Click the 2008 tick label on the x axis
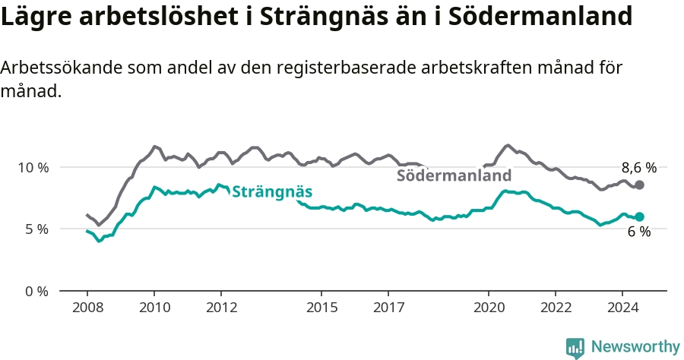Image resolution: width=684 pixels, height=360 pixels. click(x=87, y=308)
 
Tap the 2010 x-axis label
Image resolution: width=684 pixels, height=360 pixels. click(x=154, y=308)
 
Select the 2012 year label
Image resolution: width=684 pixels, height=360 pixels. click(x=222, y=308)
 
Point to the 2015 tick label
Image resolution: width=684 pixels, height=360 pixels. click(x=322, y=308)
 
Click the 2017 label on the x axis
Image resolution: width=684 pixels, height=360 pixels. click(x=388, y=308)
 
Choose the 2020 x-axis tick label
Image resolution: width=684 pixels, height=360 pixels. click(x=489, y=308)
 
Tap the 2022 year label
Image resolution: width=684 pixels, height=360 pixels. click(x=556, y=308)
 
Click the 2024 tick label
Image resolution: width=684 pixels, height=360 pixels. click(x=623, y=308)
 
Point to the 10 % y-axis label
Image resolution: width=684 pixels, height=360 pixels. click(x=33, y=167)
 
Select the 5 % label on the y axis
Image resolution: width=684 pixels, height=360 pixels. click(x=36, y=229)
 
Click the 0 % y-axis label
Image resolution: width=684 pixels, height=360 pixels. click(x=36, y=291)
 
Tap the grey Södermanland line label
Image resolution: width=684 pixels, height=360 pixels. click(x=454, y=175)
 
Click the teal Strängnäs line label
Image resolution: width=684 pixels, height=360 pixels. click(x=272, y=191)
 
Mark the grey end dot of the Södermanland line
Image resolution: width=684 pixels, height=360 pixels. click(x=639, y=185)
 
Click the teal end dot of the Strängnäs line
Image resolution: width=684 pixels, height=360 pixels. click(x=639, y=216)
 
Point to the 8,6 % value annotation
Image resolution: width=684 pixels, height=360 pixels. click(x=639, y=168)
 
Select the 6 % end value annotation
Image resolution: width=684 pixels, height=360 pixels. click(x=639, y=232)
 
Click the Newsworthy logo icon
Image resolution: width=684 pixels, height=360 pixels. click(x=575, y=349)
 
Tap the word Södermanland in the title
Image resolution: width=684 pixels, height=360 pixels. click(x=540, y=16)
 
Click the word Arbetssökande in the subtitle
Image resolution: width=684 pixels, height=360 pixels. click(x=62, y=68)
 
